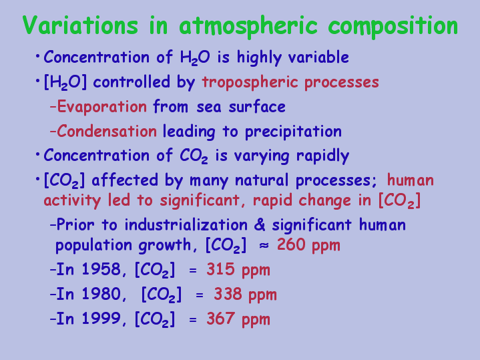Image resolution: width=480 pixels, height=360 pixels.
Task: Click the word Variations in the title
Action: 80,25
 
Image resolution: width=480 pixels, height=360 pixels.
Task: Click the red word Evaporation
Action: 102,108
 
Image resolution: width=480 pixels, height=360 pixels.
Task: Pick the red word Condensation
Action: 107,131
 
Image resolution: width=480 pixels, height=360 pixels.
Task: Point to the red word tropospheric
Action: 250,82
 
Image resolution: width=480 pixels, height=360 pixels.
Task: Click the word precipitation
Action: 293,132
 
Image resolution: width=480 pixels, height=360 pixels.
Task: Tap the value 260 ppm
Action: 308,245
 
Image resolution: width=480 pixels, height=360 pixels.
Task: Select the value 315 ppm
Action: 238,270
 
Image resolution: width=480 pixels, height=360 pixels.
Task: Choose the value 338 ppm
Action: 245,295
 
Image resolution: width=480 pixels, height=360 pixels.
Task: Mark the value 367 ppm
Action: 238,319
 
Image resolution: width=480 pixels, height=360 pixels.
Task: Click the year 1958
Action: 101,269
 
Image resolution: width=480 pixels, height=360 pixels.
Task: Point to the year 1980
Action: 101,294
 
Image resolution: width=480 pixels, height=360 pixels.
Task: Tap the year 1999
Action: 101,319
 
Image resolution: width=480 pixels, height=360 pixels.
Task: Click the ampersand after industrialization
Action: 260,225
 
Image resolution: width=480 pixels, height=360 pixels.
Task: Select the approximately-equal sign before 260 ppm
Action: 264,246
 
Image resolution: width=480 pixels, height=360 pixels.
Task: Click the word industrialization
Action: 186,224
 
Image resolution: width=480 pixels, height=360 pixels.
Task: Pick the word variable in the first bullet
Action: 318,57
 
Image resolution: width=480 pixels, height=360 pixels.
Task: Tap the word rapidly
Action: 322,156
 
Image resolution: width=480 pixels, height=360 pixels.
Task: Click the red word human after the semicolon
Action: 410,180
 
